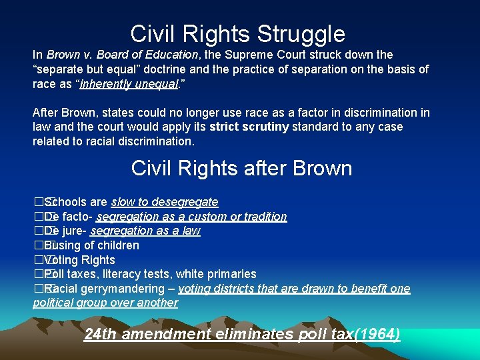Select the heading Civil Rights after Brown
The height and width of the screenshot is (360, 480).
(x=241, y=168)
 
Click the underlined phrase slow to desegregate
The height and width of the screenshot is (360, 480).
(x=165, y=202)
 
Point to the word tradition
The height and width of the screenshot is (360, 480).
(x=263, y=217)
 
